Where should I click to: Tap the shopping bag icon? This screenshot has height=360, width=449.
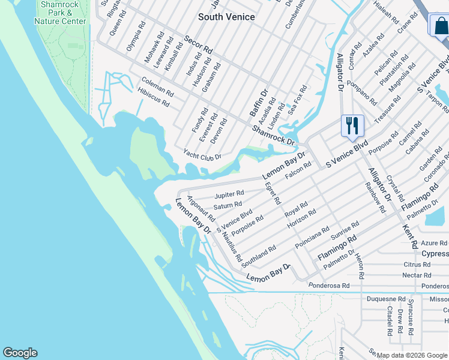point(440,26)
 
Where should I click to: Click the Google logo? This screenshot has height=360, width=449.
point(20,353)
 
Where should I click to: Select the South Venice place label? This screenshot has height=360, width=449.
point(226,17)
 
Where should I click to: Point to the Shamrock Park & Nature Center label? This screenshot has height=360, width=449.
point(60,13)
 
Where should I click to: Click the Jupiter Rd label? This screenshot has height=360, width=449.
point(229,194)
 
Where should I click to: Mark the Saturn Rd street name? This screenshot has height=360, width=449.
point(228,206)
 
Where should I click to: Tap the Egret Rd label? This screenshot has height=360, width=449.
point(273,193)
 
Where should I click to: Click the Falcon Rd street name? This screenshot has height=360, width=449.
point(298,169)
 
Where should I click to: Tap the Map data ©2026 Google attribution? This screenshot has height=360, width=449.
point(412,355)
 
